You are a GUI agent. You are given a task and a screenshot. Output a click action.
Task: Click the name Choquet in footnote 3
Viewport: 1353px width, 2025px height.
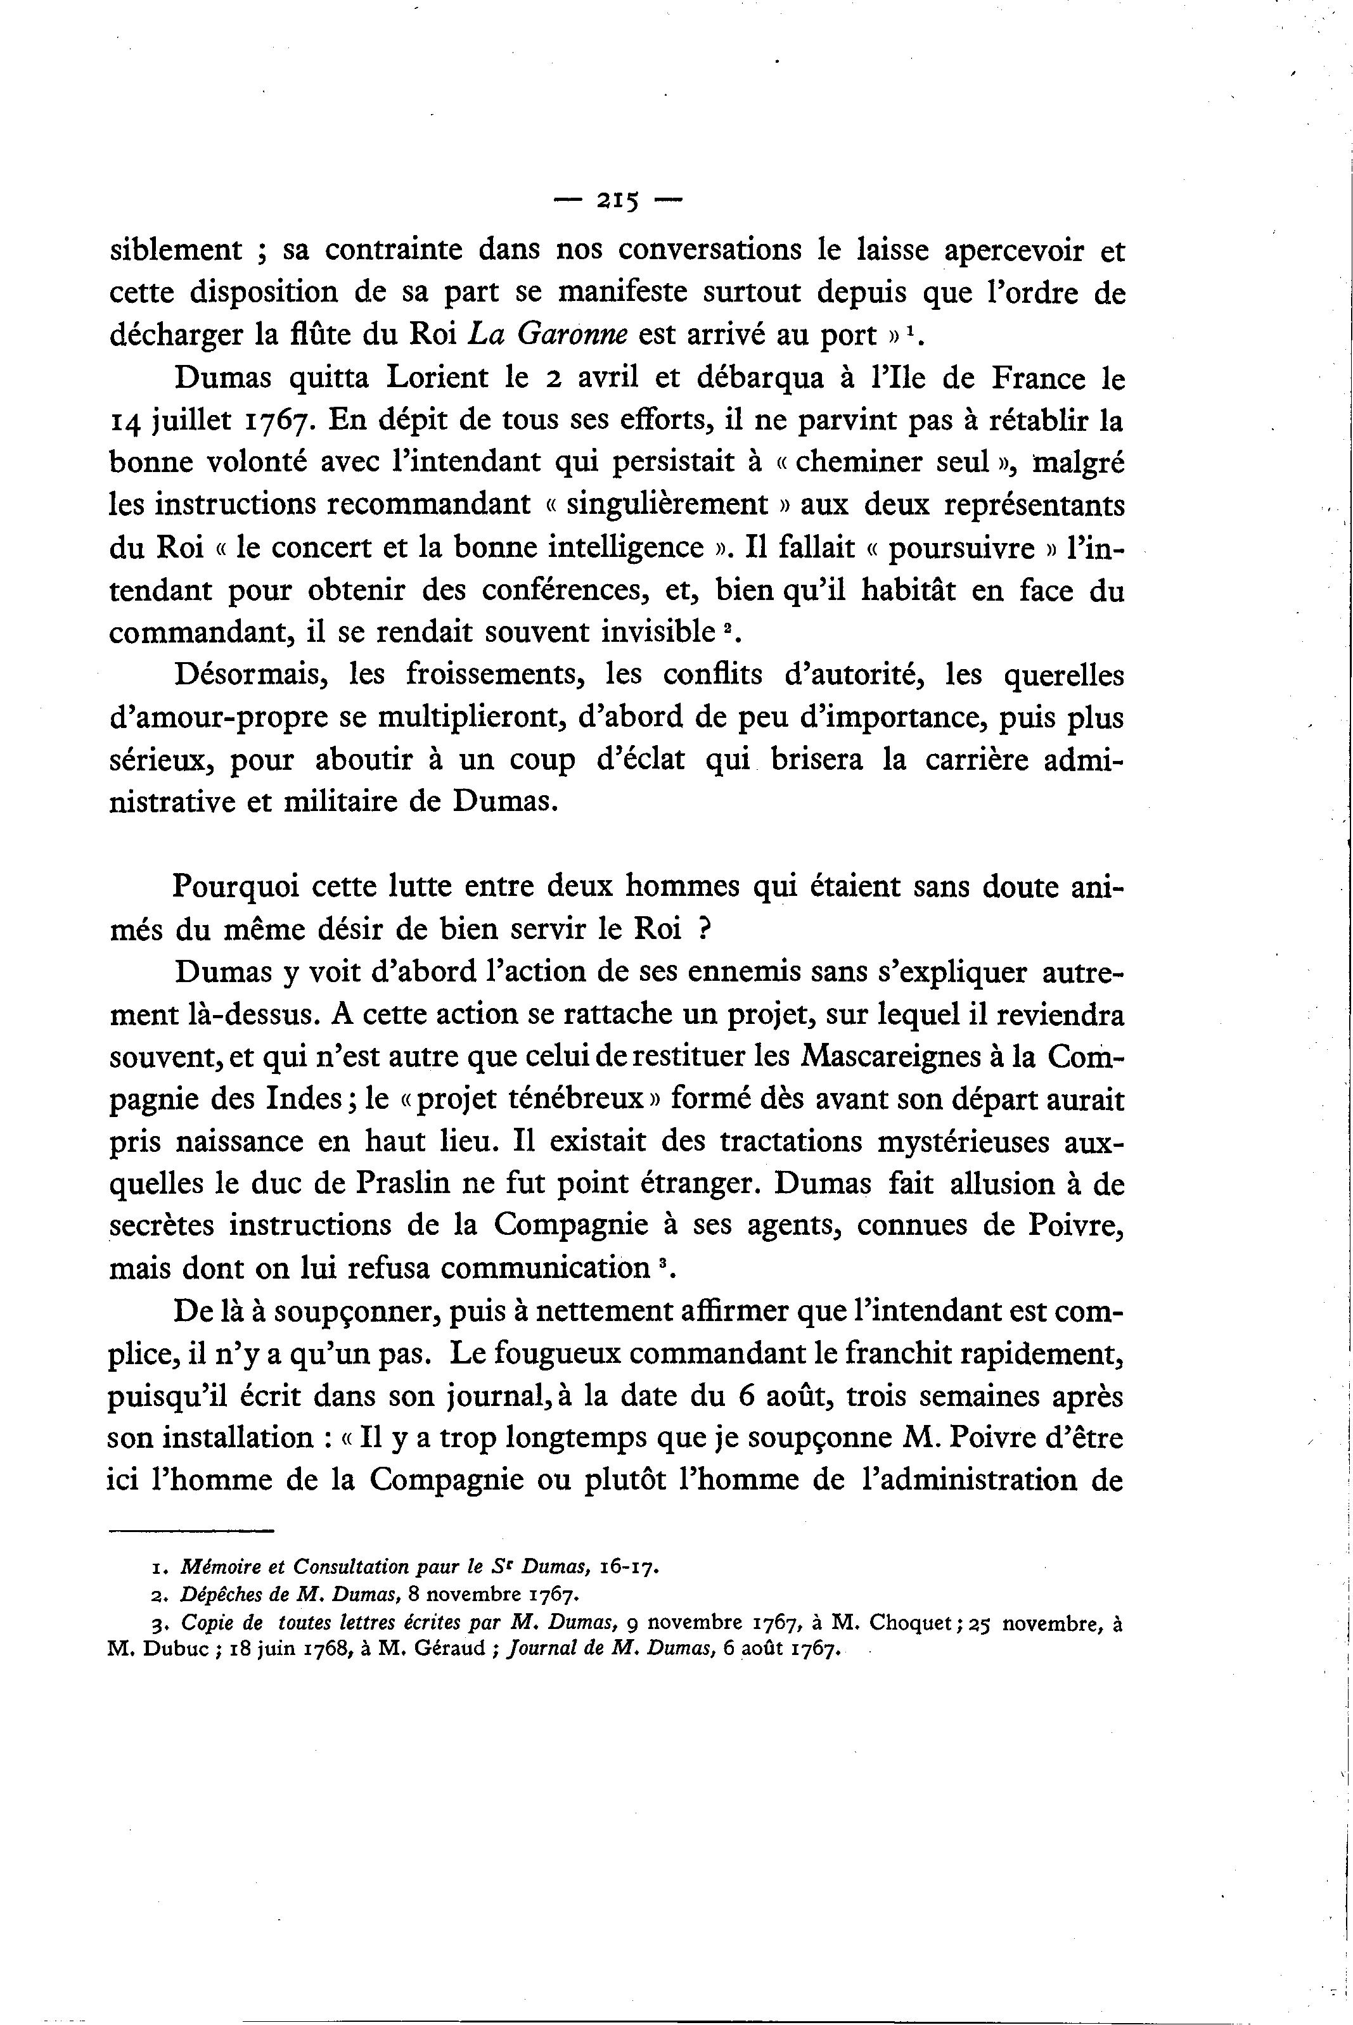916,1624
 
